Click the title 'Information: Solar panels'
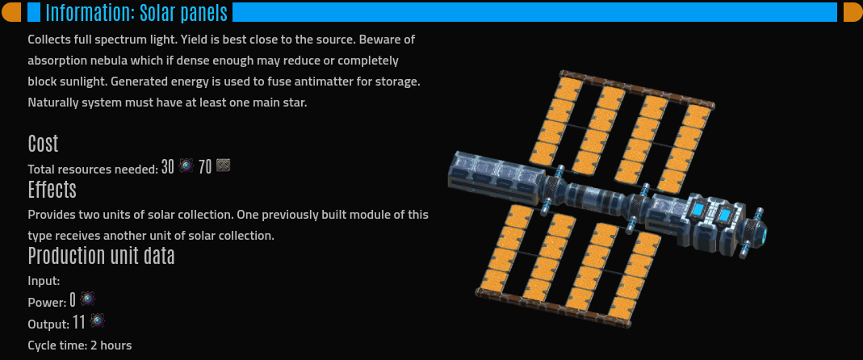click(136, 13)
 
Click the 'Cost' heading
click(43, 144)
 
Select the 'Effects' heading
click(52, 190)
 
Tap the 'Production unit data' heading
click(101, 256)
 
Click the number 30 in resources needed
click(167, 167)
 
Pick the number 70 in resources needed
click(205, 167)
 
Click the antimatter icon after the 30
click(186, 165)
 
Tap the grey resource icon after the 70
click(223, 165)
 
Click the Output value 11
click(78, 323)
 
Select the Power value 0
click(72, 300)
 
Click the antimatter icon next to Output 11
click(98, 320)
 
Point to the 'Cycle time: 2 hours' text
click(80, 345)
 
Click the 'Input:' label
click(44, 281)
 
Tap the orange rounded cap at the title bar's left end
click(11, 12)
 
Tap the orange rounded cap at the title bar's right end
click(853, 12)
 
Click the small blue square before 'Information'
click(34, 12)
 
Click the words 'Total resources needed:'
click(93, 170)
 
